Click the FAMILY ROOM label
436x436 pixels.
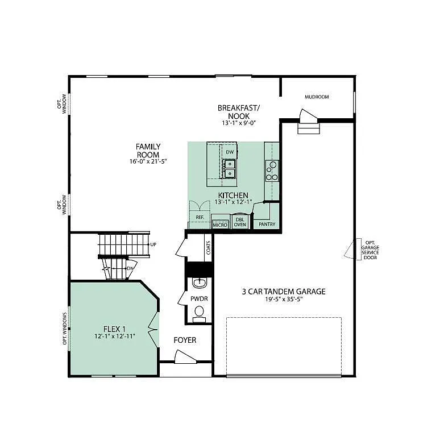click(147, 150)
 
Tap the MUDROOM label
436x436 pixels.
click(316, 97)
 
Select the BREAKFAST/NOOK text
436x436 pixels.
click(238, 111)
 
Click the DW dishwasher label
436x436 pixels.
click(230, 152)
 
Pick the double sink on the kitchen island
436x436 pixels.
click(230, 169)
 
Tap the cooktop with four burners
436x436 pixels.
click(272, 171)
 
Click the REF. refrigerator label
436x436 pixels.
click(200, 217)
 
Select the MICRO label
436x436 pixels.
click(220, 225)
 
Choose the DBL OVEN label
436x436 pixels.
click(239, 222)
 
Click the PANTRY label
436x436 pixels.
click(267, 225)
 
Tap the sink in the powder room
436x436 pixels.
click(199, 283)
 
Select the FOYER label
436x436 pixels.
click(185, 340)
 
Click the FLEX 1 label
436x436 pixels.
click(114, 329)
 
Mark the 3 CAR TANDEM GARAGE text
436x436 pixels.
click(283, 292)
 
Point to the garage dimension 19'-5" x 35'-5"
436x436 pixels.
click(283, 300)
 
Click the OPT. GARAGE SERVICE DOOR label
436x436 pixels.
click(371, 249)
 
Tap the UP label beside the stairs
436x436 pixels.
click(153, 244)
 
